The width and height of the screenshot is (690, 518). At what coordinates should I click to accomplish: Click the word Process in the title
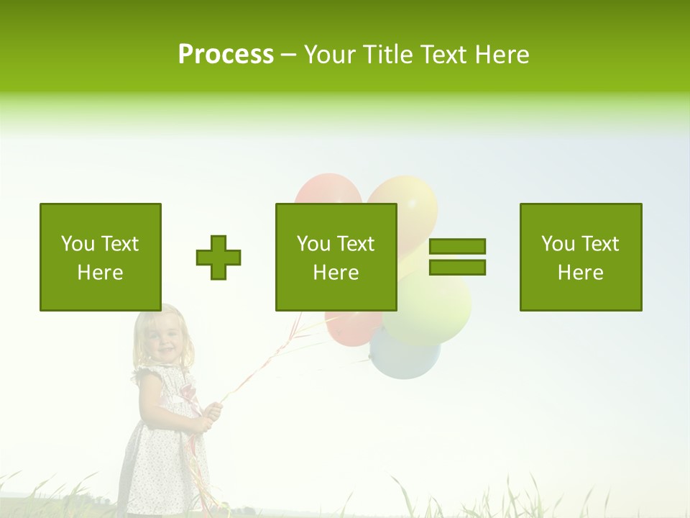pos(226,55)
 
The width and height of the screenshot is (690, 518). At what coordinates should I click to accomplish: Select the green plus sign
pos(218,257)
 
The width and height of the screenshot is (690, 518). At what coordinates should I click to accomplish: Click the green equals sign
pos(457,257)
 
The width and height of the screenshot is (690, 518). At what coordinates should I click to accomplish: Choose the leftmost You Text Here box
pos(101,257)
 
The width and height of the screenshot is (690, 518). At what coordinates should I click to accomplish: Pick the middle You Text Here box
pos(336,257)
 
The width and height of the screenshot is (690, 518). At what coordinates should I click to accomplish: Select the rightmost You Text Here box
pos(581,257)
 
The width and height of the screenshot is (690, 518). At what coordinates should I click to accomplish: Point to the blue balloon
pos(404,356)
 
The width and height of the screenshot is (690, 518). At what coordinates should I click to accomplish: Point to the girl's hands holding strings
pos(208,416)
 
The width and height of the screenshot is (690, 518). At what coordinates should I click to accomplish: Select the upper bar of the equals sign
pos(457,246)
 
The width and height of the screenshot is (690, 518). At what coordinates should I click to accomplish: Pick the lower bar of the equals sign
pos(457,267)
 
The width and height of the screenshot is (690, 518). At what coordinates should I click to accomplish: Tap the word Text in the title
pos(444,55)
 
